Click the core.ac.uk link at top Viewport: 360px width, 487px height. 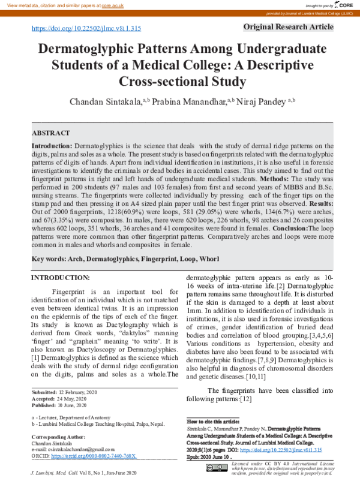coord(112,5)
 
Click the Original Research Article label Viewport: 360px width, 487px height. coord(289,27)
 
